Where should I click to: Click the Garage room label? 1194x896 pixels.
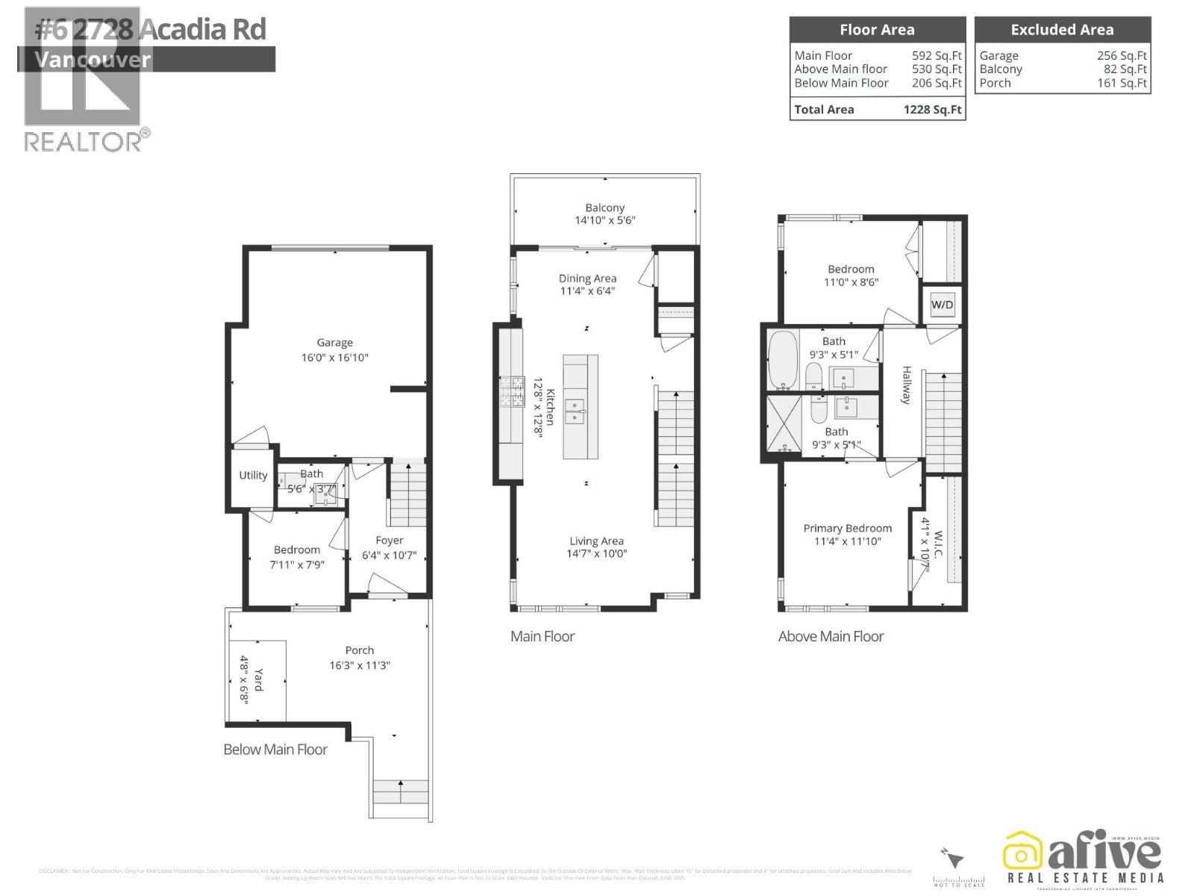(x=334, y=343)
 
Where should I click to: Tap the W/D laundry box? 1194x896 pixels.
(x=942, y=305)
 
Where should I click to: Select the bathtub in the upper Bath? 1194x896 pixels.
(x=783, y=361)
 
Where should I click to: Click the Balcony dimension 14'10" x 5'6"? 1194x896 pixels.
(x=604, y=220)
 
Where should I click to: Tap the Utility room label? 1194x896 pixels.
(x=253, y=475)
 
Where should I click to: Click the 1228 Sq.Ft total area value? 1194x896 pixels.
(x=932, y=110)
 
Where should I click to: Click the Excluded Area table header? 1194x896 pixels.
(x=1062, y=30)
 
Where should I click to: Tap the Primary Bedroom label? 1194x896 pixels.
(x=847, y=528)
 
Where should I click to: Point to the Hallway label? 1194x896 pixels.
(x=907, y=385)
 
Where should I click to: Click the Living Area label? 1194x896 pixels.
(x=596, y=541)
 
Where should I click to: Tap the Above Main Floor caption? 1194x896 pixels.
(x=831, y=636)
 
